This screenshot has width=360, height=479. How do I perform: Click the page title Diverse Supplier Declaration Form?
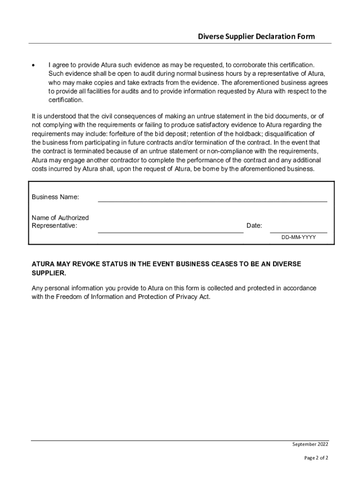point(256,36)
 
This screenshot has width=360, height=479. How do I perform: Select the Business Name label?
point(55,197)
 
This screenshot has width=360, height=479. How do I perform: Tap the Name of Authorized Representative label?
point(60,222)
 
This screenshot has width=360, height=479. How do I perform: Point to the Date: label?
point(254,226)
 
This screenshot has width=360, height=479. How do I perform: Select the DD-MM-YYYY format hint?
point(298,238)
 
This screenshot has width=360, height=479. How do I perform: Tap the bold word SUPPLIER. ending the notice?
point(49,273)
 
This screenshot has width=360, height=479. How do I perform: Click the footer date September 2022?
point(310,444)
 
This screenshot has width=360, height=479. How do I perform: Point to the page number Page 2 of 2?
point(316,458)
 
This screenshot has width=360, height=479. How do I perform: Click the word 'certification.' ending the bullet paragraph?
point(66,100)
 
